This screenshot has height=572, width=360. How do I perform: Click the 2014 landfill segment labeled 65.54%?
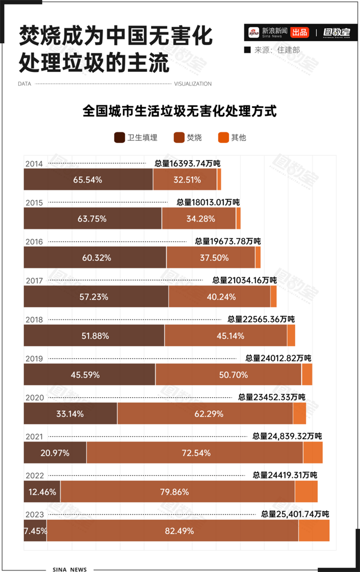point(88,180)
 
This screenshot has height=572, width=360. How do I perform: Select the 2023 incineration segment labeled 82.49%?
point(173,531)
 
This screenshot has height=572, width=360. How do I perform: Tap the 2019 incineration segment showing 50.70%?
point(228,375)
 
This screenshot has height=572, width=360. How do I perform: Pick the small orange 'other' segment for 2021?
point(313,453)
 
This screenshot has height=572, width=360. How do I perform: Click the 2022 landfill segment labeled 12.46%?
point(42,492)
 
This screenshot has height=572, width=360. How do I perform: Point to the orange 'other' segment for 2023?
point(314,531)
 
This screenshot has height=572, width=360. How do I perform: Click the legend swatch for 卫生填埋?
point(119,138)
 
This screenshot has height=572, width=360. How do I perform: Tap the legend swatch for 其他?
point(223,138)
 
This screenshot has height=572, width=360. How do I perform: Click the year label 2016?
point(34,242)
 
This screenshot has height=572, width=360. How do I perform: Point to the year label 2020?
point(34,398)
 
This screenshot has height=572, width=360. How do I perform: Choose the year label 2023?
point(34,515)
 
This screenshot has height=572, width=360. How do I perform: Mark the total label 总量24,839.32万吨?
point(287,436)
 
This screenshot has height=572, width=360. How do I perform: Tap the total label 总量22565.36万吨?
point(261,319)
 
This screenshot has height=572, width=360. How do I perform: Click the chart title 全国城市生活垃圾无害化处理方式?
point(180,111)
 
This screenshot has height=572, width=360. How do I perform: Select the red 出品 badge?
point(300,33)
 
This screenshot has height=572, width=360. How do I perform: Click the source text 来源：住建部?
point(276,50)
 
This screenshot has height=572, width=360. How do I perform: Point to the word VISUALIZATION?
point(192,84)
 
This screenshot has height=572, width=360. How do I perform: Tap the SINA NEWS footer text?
point(70,569)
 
